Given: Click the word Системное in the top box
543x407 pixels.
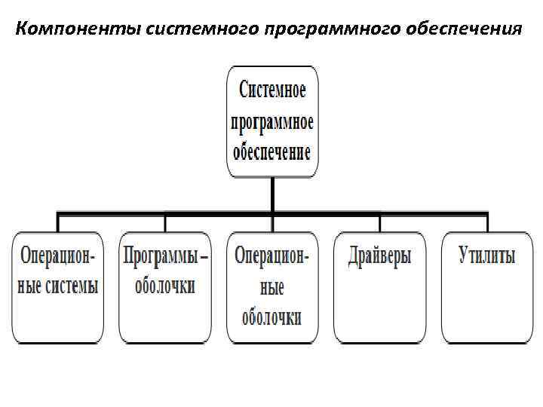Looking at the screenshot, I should point(272,91).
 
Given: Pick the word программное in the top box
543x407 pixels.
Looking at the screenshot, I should point(272,121).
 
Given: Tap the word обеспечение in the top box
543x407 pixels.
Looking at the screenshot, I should point(272,151).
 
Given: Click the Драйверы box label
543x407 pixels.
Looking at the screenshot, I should point(380,256).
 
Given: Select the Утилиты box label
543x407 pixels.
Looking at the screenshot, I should point(487,256).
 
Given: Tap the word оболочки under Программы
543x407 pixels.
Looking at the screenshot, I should point(165,286).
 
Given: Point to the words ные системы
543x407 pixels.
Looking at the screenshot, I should point(58,286).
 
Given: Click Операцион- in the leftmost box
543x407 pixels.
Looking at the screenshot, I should point(58,256).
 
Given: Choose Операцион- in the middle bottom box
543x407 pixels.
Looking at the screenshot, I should point(272,256).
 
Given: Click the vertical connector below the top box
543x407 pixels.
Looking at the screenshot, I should point(272,196).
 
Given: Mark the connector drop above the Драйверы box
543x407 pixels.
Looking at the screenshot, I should point(380,223).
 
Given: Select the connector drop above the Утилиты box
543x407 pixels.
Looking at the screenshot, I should point(487,223).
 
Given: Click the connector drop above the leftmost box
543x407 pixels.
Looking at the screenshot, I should point(58,223).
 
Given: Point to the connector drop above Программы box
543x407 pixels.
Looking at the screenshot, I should point(165,223).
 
